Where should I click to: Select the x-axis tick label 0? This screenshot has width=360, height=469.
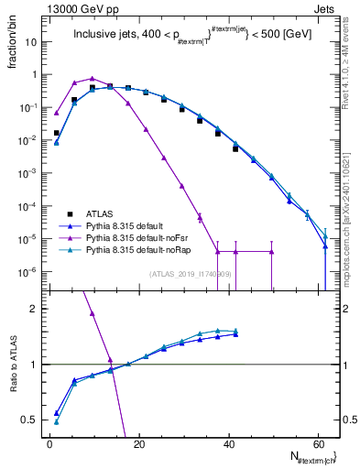click(x=50, y=443)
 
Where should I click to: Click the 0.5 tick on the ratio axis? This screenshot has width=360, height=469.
click(x=31, y=420)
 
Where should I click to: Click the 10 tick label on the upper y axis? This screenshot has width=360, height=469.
click(x=33, y=42)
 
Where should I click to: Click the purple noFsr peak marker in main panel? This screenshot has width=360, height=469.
click(x=93, y=79)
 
